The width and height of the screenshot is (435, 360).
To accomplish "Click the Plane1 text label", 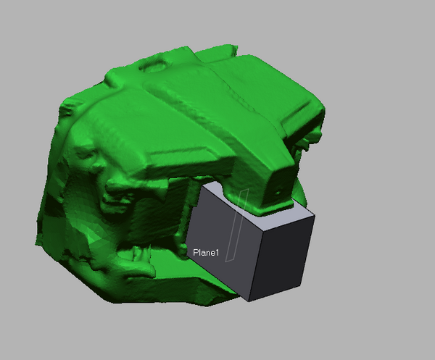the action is pos(206,253).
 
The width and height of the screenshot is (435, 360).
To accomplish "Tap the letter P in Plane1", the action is pos(195,253).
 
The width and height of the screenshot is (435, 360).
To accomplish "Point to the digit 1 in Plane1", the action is pos(217,253).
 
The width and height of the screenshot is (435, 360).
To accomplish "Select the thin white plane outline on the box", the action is pos(236,226).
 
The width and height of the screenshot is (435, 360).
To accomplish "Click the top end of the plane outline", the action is pos(247,190).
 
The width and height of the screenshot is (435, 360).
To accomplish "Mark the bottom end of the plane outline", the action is pos(226,261).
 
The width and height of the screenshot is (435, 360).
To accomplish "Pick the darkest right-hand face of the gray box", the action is pos(281,257).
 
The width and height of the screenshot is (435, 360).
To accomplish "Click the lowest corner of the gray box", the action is pos(249,301).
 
